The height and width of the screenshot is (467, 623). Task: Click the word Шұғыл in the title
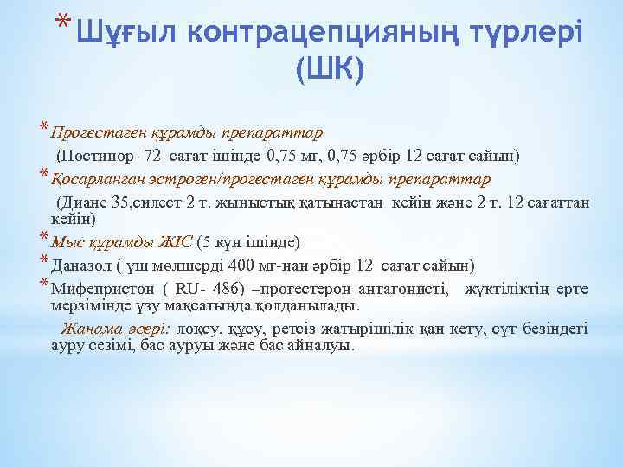click(125, 33)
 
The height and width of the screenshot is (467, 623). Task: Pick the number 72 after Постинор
click(152, 157)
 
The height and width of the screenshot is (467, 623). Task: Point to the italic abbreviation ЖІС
click(177, 241)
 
